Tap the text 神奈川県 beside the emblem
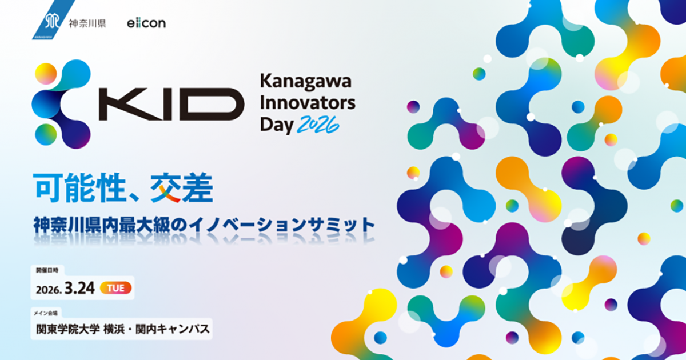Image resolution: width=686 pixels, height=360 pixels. tap(87, 24)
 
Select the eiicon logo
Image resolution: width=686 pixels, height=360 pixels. tap(146, 24)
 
